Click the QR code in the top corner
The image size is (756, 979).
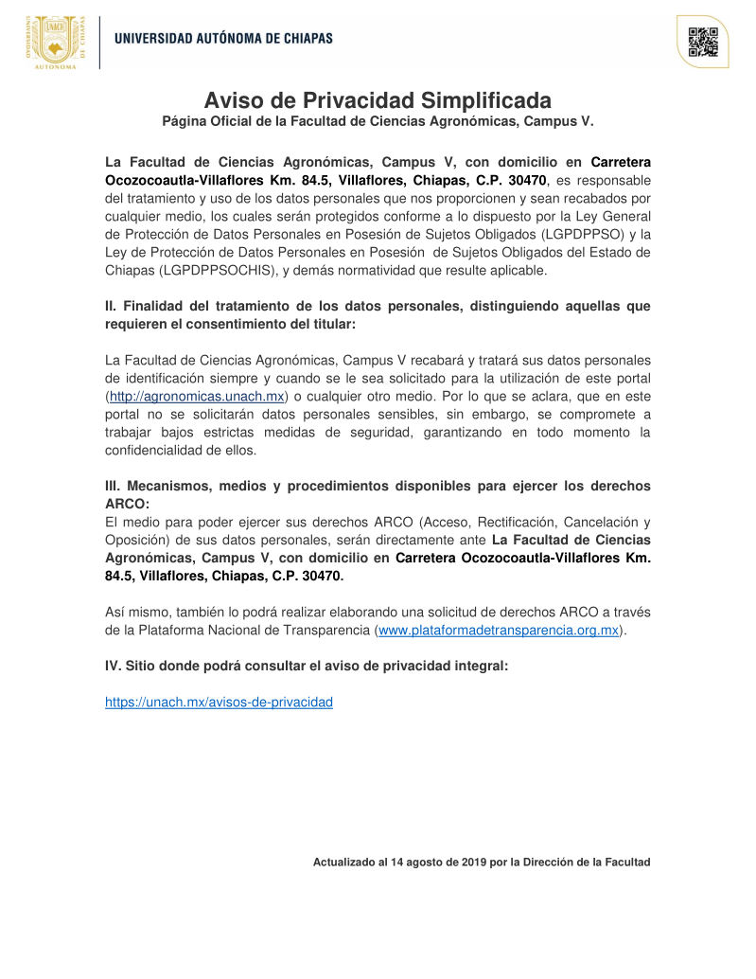(x=702, y=42)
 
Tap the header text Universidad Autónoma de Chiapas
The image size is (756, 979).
(x=223, y=39)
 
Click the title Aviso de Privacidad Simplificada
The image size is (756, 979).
(x=378, y=100)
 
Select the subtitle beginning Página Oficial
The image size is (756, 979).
(x=378, y=121)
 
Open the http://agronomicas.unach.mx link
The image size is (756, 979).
(x=197, y=397)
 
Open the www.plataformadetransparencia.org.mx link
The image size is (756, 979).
(x=499, y=630)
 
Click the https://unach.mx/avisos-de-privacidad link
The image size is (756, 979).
(x=219, y=703)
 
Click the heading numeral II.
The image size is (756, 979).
(x=111, y=307)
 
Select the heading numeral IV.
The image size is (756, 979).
(x=113, y=667)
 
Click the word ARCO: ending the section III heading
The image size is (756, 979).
(x=128, y=504)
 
